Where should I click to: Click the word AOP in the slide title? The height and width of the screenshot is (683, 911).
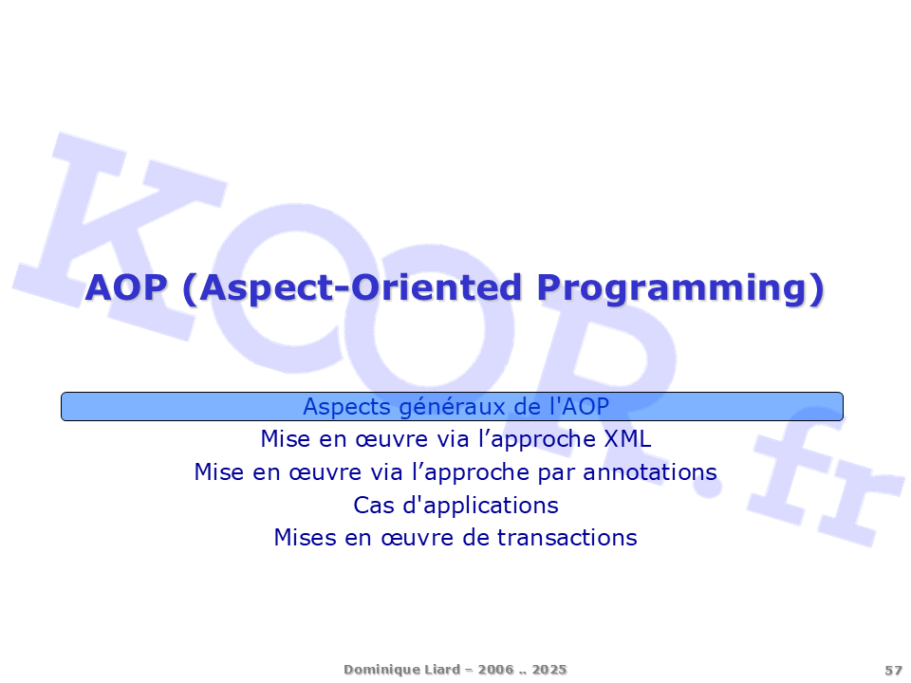pyautogui.click(x=126, y=287)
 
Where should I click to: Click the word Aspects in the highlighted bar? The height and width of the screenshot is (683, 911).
pyautogui.click(x=347, y=407)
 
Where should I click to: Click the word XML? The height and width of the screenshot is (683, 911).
pyautogui.click(x=627, y=439)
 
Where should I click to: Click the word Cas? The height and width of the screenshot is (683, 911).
pyautogui.click(x=374, y=506)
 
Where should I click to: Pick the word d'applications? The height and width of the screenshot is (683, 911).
pyautogui.click(x=480, y=506)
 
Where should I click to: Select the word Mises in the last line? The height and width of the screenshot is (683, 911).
pyautogui.click(x=305, y=538)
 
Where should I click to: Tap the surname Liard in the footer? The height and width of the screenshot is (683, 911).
pyautogui.click(x=442, y=670)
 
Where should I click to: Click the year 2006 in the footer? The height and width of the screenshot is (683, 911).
pyautogui.click(x=496, y=670)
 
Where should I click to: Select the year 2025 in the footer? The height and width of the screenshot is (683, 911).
pyautogui.click(x=549, y=670)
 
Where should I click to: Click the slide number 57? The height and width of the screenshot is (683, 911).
pyautogui.click(x=894, y=671)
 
